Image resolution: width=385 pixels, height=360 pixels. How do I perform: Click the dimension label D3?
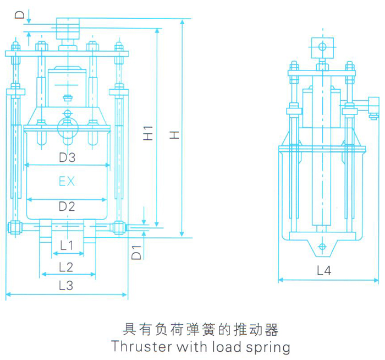click(x=67, y=157)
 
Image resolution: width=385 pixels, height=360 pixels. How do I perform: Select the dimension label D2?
click(x=67, y=206)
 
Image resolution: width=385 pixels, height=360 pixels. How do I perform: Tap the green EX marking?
click(x=67, y=181)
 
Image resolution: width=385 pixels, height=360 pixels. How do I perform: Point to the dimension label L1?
click(x=67, y=246)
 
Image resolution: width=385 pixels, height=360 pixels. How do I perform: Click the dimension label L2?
click(x=67, y=267)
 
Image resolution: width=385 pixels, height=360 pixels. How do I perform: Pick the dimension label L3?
click(x=67, y=285)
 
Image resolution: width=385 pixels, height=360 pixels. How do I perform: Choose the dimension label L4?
click(x=324, y=271)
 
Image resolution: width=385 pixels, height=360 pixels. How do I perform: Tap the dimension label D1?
click(x=138, y=253)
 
